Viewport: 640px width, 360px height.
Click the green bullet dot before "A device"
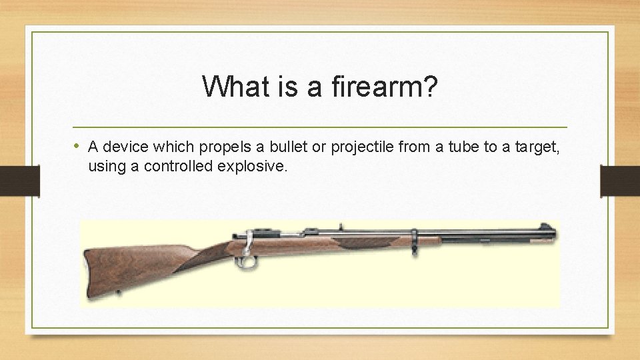(x=77, y=146)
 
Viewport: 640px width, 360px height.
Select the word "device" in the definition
(x=124, y=147)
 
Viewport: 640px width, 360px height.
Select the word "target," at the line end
(x=534, y=147)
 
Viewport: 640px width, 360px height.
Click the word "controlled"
(x=178, y=166)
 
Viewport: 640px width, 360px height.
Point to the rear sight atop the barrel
(x=341, y=227)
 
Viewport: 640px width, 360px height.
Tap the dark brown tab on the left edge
(x=19, y=181)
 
